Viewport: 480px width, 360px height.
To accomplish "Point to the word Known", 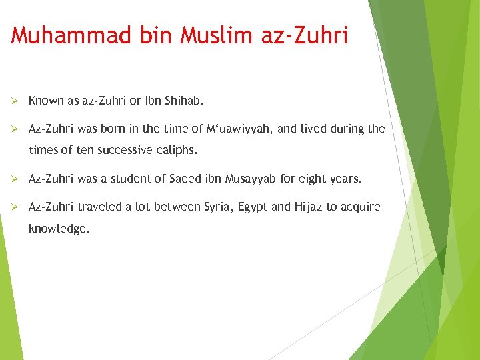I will pyautogui.click(x=46, y=101).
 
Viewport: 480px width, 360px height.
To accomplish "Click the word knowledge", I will pyautogui.click(x=57, y=229).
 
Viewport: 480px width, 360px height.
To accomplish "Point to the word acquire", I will pyautogui.click(x=360, y=207).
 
